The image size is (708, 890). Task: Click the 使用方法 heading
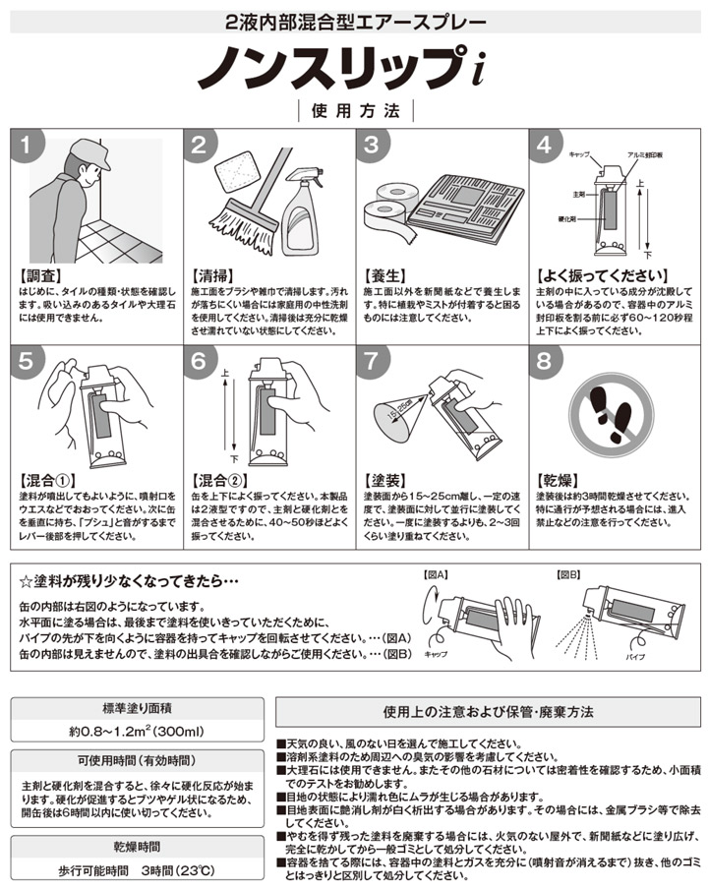point(353,111)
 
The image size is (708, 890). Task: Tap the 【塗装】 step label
point(384,481)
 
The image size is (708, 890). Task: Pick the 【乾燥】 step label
point(558,481)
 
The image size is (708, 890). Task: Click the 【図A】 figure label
point(435,573)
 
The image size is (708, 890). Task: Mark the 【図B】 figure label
point(569,573)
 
